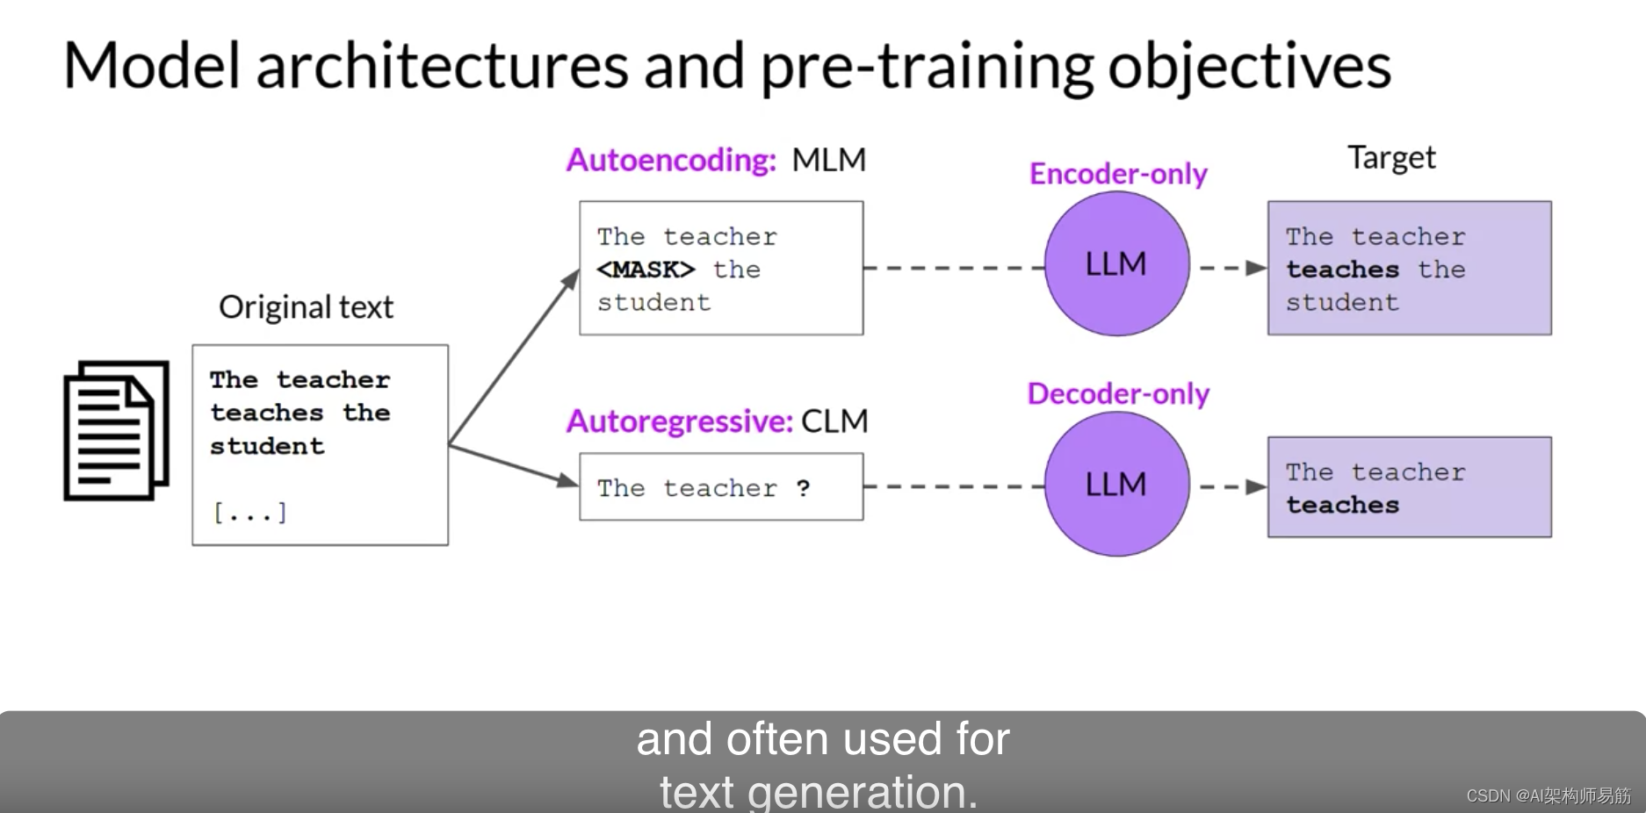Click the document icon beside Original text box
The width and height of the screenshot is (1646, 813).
click(x=116, y=430)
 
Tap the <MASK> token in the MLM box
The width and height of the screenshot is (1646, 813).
click(x=646, y=270)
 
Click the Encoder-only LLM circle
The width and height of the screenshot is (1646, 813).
click(x=1116, y=263)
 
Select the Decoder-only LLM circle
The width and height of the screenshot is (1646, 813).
click(x=1116, y=484)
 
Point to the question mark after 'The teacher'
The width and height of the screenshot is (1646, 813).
click(x=803, y=488)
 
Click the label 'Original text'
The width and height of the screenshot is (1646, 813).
click(x=306, y=307)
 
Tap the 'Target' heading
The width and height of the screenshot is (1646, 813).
click(x=1391, y=158)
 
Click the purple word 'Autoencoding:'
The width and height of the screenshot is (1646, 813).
click(x=671, y=160)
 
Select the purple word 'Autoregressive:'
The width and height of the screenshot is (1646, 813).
click(x=680, y=421)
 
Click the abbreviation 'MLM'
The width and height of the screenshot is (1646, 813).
click(x=828, y=160)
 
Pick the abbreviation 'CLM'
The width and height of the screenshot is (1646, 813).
click(x=834, y=421)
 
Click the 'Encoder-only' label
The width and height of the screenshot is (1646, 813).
click(x=1118, y=174)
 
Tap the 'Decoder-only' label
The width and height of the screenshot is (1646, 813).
click(x=1118, y=393)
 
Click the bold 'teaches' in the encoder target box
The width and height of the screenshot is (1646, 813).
click(x=1342, y=270)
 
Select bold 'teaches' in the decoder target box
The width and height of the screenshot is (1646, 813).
click(x=1342, y=505)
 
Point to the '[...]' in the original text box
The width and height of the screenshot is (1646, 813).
click(x=250, y=512)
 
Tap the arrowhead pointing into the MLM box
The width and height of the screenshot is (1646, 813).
click(x=572, y=279)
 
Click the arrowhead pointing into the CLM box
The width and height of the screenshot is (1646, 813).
click(x=567, y=480)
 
